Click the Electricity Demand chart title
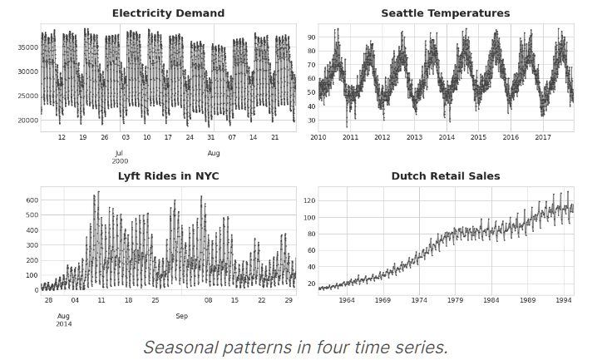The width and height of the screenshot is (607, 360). pos(168,13)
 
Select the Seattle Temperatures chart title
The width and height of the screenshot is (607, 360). pos(445,13)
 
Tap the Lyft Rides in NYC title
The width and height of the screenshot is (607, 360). pos(168,176)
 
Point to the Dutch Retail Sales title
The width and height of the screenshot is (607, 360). pos(445,176)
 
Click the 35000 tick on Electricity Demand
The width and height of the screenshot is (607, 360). pos(27,47)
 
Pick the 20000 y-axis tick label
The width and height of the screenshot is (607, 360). pos(27,120)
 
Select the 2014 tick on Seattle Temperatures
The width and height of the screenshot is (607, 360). pos(447,137)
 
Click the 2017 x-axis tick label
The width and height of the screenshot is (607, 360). pos(542,137)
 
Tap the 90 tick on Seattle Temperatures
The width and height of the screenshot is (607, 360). pos(310,37)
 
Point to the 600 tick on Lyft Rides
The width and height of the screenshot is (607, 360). pos(31,200)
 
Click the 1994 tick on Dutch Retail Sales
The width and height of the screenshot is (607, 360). pos(563,300)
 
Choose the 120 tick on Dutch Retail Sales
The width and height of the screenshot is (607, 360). pos(308,200)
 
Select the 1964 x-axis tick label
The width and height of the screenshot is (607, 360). pos(346,300)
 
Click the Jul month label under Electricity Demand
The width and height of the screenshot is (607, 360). pos(119,153)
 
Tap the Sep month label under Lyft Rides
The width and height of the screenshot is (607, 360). pos(181,316)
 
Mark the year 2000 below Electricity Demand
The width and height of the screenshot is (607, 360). pos(119,161)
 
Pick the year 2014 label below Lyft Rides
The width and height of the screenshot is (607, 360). pos(63,324)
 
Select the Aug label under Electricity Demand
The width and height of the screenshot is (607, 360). pos(214,153)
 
